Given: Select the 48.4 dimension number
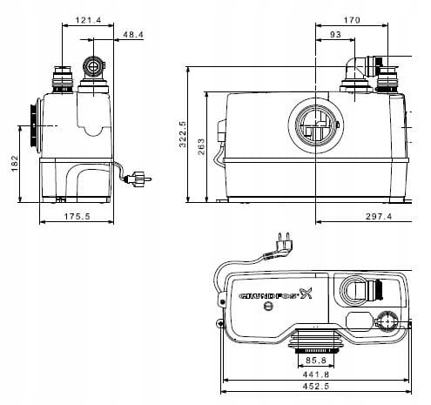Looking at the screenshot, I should pyautogui.click(x=133, y=36).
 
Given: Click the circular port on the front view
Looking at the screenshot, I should pyautogui.click(x=311, y=126).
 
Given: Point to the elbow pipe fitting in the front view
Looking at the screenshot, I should pyautogui.click(x=359, y=69).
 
